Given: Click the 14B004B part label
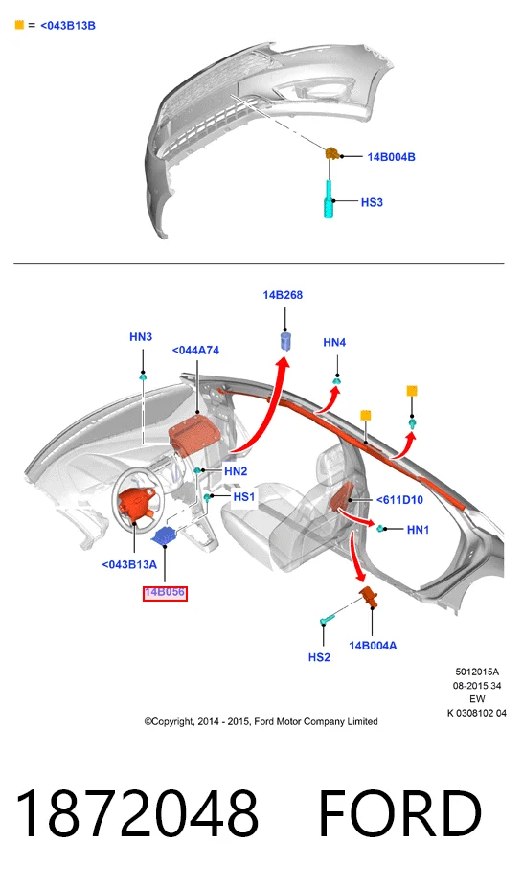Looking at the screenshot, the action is pos(391,157).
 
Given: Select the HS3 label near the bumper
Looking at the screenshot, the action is pos(372,202).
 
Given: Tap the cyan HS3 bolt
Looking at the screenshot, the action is pos(329,199).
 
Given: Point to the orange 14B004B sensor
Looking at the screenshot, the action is pos(331,153).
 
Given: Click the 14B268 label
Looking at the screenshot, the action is pos(283,294).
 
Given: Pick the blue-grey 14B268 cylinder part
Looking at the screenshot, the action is pos(286,342).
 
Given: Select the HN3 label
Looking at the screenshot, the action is pos(141,337).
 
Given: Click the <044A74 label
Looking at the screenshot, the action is pos(195,351).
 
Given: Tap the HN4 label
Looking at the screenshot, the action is pos(334,342).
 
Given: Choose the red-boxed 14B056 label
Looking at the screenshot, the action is pos(165,593).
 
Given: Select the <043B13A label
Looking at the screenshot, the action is pos(129,564).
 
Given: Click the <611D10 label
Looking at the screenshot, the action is pos(399,499).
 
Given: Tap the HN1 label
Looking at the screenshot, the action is pos(419,530).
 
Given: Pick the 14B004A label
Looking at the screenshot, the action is pos(373,646).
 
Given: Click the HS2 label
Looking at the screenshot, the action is pos(319,657).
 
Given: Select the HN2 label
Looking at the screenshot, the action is pos(236,471).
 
